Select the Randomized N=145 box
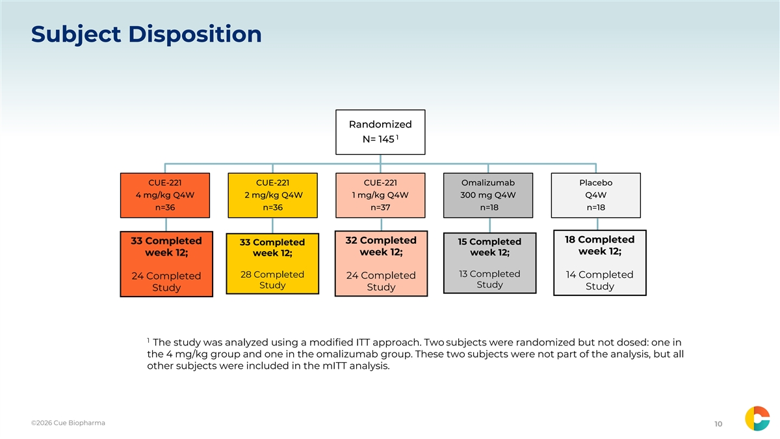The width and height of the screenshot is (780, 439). (x=380, y=132)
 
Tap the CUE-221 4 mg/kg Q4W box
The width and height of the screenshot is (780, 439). (x=165, y=196)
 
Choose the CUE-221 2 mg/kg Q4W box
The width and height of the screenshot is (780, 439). (x=272, y=196)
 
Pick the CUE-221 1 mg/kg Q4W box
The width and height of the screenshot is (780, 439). (x=380, y=196)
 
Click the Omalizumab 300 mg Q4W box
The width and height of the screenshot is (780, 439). (x=488, y=196)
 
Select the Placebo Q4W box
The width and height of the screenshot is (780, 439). (x=596, y=196)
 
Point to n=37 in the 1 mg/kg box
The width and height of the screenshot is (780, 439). (x=380, y=207)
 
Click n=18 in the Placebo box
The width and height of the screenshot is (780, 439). (x=596, y=207)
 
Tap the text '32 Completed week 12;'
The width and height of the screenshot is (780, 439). (x=381, y=246)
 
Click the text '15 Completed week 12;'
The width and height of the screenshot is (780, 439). (x=489, y=247)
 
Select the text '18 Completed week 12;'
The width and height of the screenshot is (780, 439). (x=599, y=245)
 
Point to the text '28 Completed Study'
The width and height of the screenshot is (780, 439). (x=272, y=280)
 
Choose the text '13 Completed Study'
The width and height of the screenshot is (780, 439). (x=489, y=279)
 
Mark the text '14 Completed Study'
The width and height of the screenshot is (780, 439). (x=599, y=280)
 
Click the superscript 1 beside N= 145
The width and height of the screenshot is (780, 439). (x=397, y=137)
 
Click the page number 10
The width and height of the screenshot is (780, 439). (x=718, y=424)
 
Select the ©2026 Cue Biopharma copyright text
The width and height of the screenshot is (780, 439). (x=68, y=423)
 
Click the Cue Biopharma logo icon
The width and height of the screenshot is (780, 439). (x=757, y=418)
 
